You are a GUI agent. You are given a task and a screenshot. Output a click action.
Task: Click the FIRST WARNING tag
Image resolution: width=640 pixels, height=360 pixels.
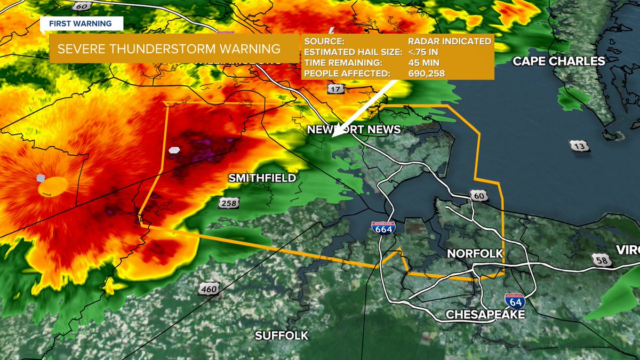click(x=81, y=23)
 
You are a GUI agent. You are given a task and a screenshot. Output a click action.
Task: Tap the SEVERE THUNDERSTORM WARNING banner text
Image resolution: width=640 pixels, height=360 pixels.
click(x=169, y=49)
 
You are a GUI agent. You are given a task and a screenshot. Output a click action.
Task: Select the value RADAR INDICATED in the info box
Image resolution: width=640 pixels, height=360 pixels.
click(x=447, y=41)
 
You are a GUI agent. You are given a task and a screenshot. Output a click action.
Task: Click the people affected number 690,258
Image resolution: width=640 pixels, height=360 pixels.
click(x=426, y=73)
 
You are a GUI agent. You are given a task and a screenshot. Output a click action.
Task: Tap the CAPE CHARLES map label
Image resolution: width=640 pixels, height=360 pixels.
click(x=558, y=61)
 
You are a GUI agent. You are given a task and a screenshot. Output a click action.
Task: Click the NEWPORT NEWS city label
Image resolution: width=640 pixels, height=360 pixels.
click(x=353, y=130)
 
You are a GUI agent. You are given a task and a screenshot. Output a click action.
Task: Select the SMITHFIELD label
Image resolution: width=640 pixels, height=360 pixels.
click(x=262, y=178)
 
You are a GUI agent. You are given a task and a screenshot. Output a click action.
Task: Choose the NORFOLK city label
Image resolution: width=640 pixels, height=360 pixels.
click(x=475, y=253)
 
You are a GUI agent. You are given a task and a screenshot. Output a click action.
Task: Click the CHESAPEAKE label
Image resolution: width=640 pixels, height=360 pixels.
click(x=485, y=314)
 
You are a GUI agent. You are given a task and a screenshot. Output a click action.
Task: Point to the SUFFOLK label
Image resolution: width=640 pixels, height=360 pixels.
click(x=282, y=335)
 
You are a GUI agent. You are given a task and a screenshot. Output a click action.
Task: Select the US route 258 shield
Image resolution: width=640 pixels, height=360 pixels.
click(x=228, y=203)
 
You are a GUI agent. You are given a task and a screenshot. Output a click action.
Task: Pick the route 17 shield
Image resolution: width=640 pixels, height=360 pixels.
click(x=335, y=89)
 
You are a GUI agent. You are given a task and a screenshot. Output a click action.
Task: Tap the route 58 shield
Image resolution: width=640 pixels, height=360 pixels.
click(x=601, y=259)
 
